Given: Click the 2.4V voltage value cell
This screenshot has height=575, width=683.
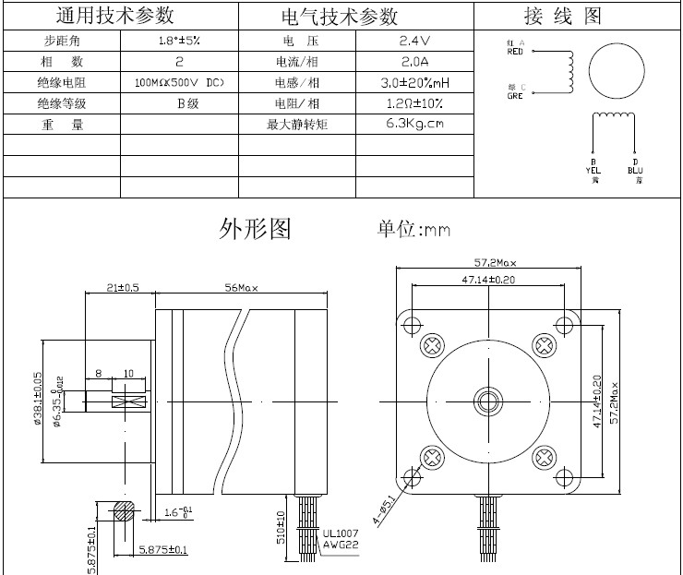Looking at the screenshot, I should (415, 42).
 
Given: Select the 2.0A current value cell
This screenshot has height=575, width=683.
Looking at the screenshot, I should (415, 62).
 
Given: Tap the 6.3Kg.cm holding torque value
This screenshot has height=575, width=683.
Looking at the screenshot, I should (415, 124).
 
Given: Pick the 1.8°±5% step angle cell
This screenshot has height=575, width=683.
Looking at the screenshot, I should (179, 42).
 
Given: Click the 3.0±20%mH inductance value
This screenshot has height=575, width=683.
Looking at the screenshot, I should (415, 83).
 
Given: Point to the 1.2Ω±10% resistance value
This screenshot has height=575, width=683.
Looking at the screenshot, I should (415, 103).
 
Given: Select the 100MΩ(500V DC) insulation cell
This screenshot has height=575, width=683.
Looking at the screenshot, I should (179, 83).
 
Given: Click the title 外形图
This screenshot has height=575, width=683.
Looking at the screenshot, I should (255, 228).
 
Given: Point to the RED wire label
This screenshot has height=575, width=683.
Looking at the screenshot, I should (515, 52).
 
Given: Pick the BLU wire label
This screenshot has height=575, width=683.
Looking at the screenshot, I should (635, 170).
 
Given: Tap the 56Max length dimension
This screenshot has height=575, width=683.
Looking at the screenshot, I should (242, 288).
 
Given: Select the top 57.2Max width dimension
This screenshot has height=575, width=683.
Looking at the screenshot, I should (490, 263).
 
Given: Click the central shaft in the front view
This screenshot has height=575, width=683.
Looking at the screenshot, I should (488, 401).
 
